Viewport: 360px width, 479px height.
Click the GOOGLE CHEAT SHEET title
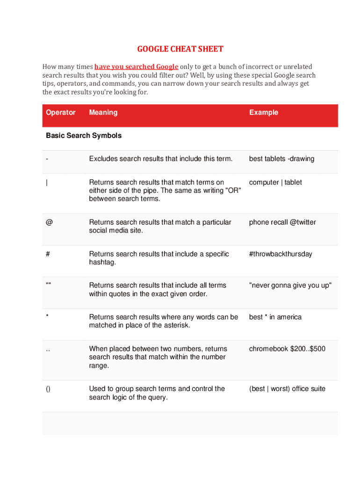[x=180, y=49]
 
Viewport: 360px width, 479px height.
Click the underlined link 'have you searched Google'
[x=136, y=67]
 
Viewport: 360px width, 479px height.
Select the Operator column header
[x=61, y=112]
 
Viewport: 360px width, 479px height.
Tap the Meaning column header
[x=103, y=112]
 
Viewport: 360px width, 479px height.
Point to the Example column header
[x=264, y=112]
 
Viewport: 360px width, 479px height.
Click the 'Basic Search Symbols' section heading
[x=84, y=136]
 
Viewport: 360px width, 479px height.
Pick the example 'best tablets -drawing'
[x=281, y=159]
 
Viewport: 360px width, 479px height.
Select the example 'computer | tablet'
[x=275, y=182]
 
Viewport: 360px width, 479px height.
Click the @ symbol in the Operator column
[x=49, y=222]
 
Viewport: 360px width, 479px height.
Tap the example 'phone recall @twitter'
[x=282, y=222]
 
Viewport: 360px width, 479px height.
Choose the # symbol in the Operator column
[x=48, y=254]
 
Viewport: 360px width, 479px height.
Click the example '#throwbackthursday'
[x=281, y=254]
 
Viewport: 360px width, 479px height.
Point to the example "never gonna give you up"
[x=290, y=285]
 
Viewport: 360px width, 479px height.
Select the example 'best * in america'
[x=275, y=317]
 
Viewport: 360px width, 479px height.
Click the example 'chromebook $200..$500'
[x=287, y=349]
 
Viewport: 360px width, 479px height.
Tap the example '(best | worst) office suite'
[x=287, y=389]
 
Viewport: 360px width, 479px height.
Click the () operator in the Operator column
[x=49, y=389]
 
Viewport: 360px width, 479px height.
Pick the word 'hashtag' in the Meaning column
[x=102, y=262]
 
